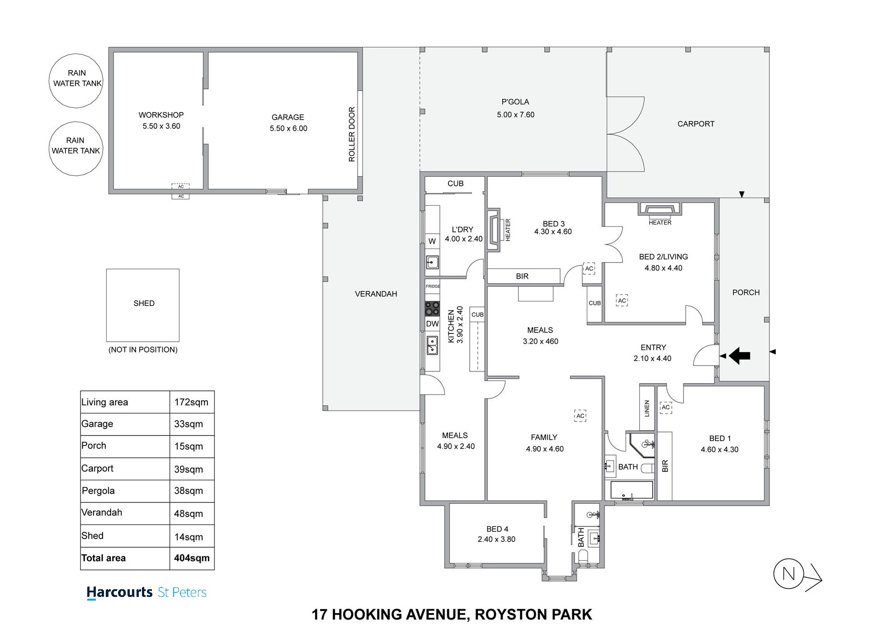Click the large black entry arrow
(x=740, y=356)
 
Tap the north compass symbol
(x=788, y=574)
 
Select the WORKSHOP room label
(x=161, y=115)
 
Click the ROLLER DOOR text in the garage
(x=352, y=134)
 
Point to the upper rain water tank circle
(x=76, y=80)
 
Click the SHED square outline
(x=143, y=305)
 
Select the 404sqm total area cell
(x=192, y=558)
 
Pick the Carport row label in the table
(x=98, y=469)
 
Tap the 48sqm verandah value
(x=189, y=514)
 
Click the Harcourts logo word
(x=119, y=592)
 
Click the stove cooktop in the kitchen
(x=432, y=309)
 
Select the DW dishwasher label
(x=432, y=324)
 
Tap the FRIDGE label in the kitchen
(x=433, y=286)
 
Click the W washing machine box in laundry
(x=432, y=241)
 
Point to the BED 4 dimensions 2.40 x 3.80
(x=496, y=539)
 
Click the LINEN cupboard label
(x=647, y=408)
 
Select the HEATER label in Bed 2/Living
(x=660, y=222)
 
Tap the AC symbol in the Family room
(x=580, y=416)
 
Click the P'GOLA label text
(x=515, y=102)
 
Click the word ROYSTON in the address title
(x=504, y=615)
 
